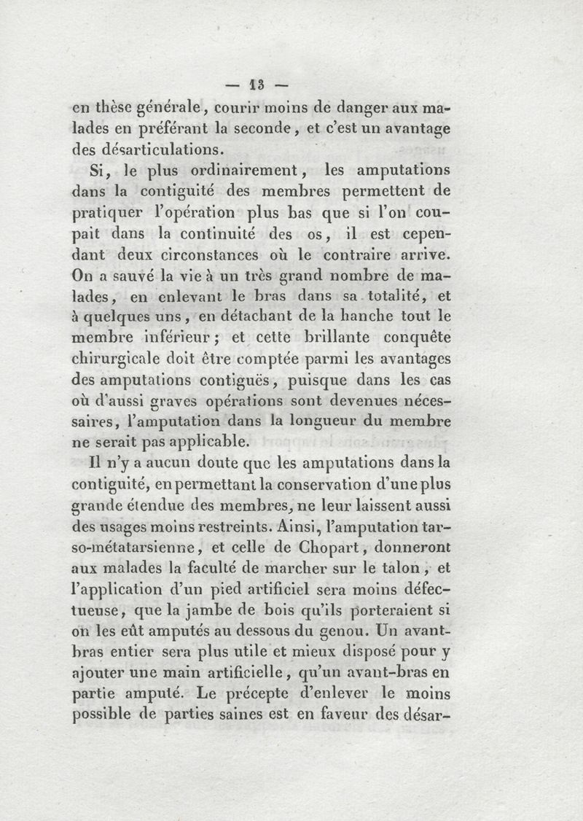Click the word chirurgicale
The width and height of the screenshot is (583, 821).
tap(122, 359)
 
